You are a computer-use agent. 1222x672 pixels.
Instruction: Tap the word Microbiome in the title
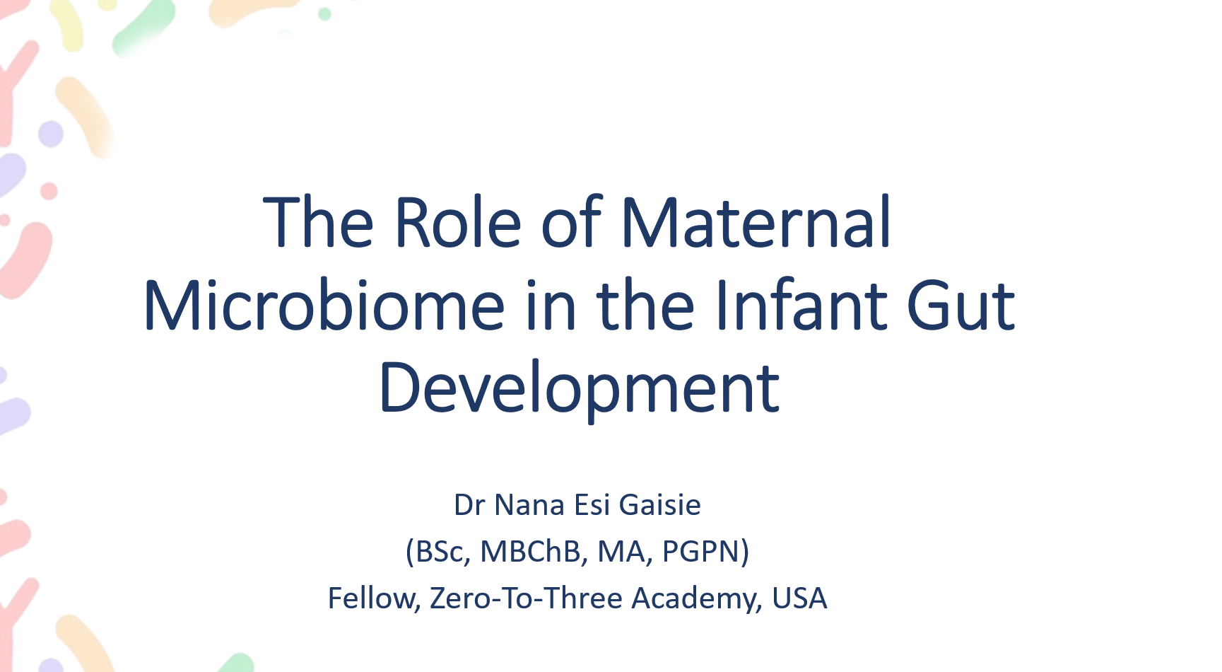[x=324, y=306]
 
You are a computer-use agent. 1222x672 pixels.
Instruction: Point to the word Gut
[x=960, y=306]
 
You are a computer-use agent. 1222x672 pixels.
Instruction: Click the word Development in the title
[x=579, y=388]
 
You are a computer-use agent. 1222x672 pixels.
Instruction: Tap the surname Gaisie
[x=659, y=505]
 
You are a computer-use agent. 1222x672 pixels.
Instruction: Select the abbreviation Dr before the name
[x=469, y=505]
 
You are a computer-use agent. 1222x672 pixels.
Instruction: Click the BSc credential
[x=438, y=552]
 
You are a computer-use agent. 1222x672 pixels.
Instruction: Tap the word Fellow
[x=374, y=598]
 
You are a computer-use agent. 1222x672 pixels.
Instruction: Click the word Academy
[x=696, y=598]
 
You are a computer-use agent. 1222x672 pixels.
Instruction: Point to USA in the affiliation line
[x=799, y=598]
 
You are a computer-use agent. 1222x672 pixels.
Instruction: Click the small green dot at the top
[x=324, y=14]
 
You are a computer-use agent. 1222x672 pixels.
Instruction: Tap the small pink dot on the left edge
[x=49, y=191]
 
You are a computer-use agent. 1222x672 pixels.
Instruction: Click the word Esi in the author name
[x=592, y=505]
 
